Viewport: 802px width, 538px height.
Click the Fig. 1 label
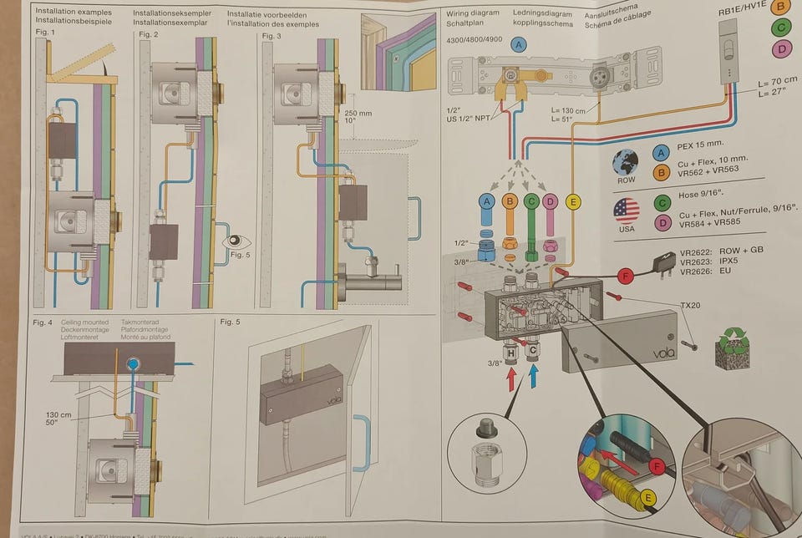[44, 32]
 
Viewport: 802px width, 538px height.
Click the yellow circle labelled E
[572, 200]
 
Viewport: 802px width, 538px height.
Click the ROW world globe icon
[625, 161]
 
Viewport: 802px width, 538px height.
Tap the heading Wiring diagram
[473, 13]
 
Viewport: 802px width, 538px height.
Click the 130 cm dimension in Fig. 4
[58, 414]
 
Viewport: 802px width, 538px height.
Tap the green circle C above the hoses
[530, 201]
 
